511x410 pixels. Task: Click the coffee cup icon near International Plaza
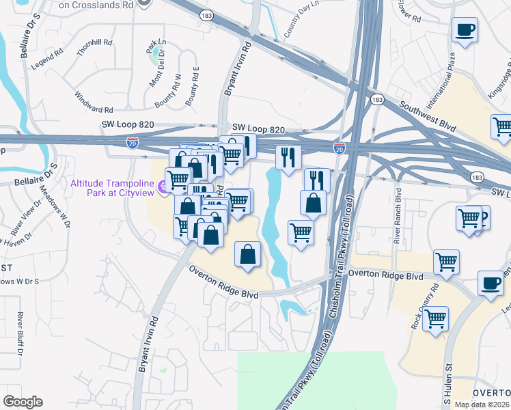coord(465,30)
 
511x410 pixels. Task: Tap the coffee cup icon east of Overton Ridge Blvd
coord(491,284)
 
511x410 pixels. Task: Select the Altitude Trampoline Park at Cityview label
coord(112,185)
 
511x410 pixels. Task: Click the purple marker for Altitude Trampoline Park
coord(163,186)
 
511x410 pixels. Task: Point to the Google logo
coord(23,402)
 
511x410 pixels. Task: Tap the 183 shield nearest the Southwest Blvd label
coord(376,100)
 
